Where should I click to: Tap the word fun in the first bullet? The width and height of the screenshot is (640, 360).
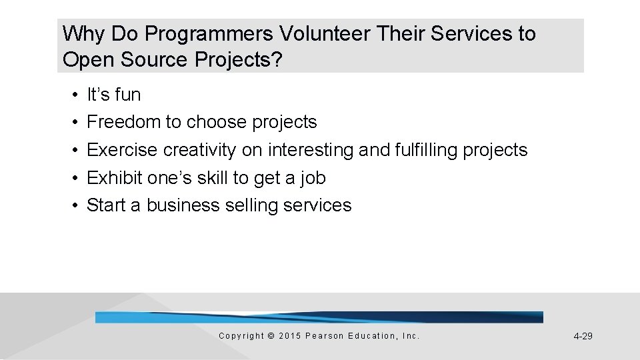[127, 95]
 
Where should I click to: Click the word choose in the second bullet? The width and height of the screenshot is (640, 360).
[217, 123]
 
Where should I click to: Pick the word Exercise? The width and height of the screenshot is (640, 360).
[123, 150]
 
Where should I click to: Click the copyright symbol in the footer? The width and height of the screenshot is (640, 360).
[271, 336]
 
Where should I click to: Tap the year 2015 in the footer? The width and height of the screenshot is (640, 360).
[289, 336]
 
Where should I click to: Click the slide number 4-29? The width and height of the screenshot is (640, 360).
[583, 336]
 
